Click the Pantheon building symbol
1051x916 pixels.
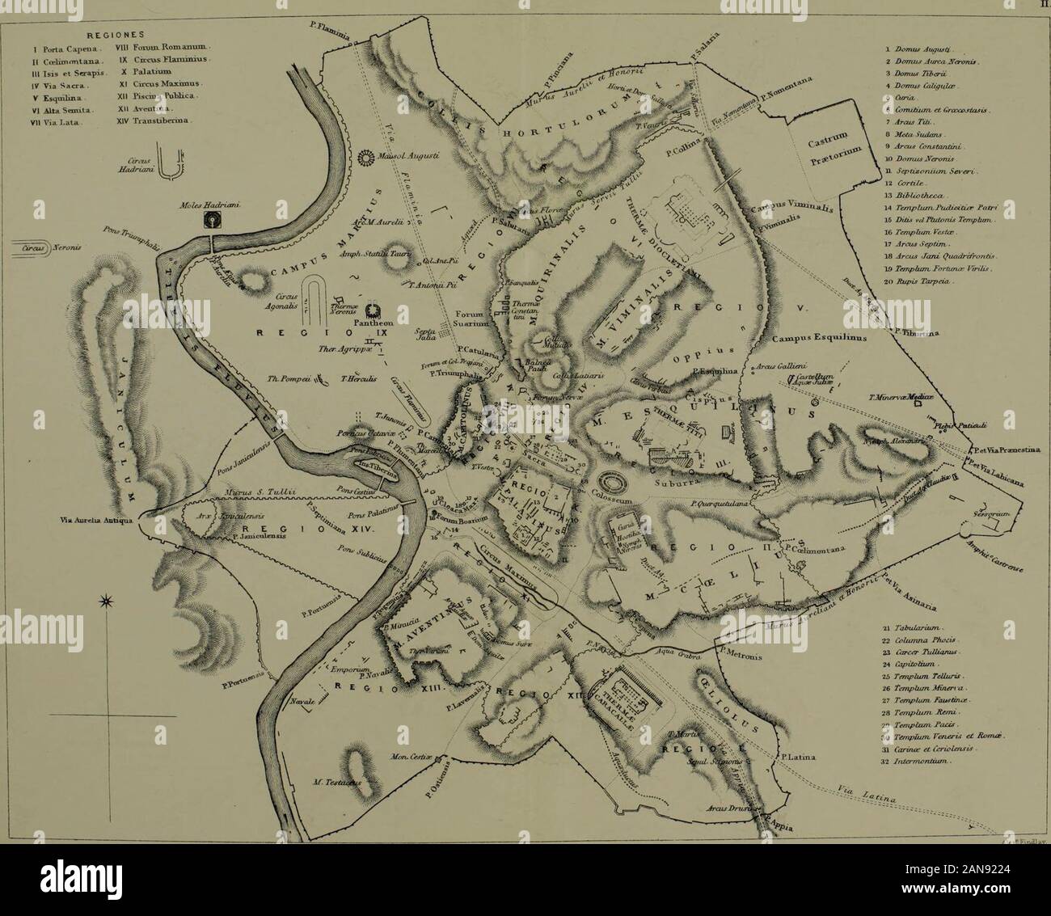[x=374, y=311]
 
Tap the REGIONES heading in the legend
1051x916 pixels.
[x=115, y=35]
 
